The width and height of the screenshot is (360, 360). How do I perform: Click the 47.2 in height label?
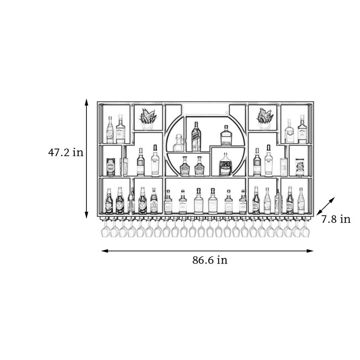(66, 152)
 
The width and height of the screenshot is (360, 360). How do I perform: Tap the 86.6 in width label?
(210, 260)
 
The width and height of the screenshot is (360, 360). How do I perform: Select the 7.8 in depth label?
(336, 219)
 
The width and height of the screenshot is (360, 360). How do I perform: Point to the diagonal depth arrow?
(325, 206)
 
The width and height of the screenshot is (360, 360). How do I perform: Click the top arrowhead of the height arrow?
(86, 102)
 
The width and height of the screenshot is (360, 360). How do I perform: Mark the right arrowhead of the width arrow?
(310, 251)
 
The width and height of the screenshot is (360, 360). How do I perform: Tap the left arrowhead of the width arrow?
(105, 251)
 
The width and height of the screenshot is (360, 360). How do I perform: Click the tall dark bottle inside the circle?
(196, 137)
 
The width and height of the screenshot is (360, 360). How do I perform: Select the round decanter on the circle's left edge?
(178, 143)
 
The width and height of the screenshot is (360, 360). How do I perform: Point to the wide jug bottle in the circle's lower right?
(225, 164)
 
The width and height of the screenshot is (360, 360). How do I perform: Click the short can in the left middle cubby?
(111, 167)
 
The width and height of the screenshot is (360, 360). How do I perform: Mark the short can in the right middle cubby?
(300, 167)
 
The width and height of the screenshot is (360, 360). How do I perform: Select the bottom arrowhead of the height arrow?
(86, 215)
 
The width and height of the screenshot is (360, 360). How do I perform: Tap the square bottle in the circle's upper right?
(226, 135)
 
